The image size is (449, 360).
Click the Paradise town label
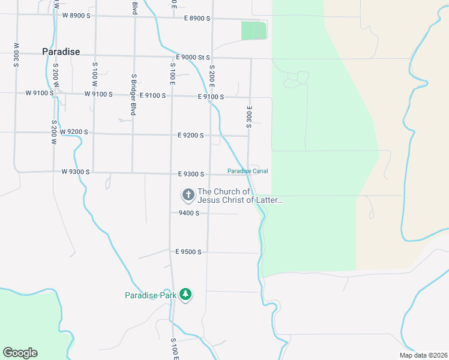point(61,52)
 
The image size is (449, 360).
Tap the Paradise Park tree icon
point(186,295)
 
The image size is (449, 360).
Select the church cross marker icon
point(188,194)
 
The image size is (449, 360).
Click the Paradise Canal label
point(247,171)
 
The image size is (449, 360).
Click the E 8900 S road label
point(197,19)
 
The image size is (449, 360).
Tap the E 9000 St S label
point(193,58)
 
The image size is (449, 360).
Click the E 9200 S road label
point(191,136)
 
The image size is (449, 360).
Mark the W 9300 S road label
point(76,172)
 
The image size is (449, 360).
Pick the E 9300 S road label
point(191,174)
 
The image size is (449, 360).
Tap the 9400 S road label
point(188,213)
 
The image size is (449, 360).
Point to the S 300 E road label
point(249,116)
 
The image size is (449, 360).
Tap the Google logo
point(20,353)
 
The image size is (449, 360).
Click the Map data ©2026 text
point(423,355)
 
